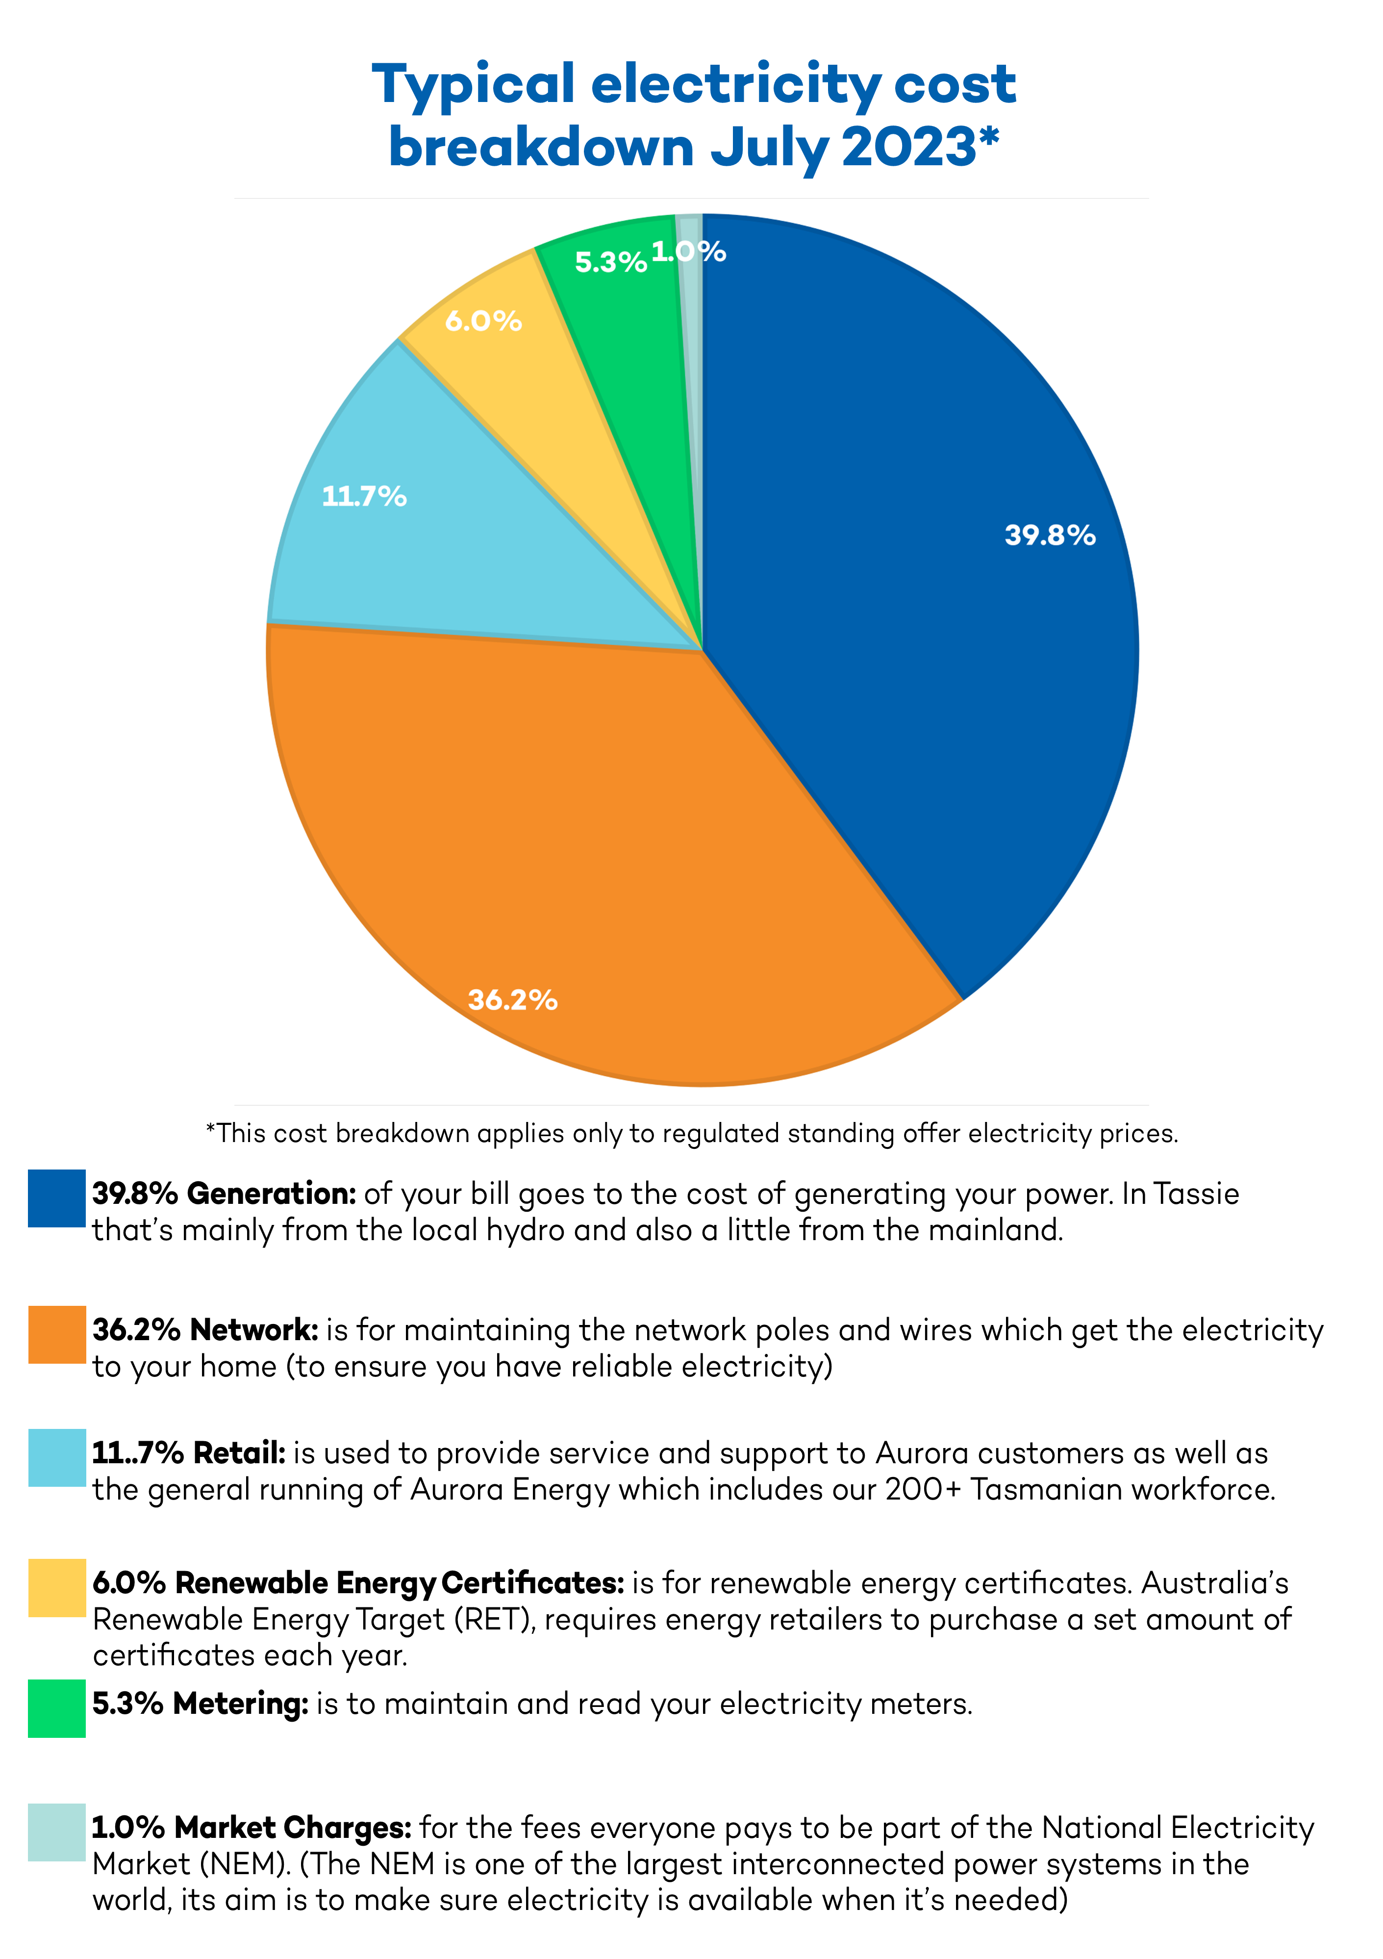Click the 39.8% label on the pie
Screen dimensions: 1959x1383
click(1050, 535)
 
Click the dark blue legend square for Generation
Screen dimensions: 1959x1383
click(56, 1198)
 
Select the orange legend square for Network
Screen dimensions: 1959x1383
click(56, 1334)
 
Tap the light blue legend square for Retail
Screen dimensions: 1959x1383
click(56, 1457)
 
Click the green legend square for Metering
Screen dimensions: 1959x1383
click(56, 1708)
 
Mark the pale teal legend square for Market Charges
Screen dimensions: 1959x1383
click(56, 1832)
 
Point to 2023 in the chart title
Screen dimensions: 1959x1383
click(908, 147)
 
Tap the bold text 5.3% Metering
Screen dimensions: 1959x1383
click(200, 1704)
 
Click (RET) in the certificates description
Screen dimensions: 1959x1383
click(494, 1619)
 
